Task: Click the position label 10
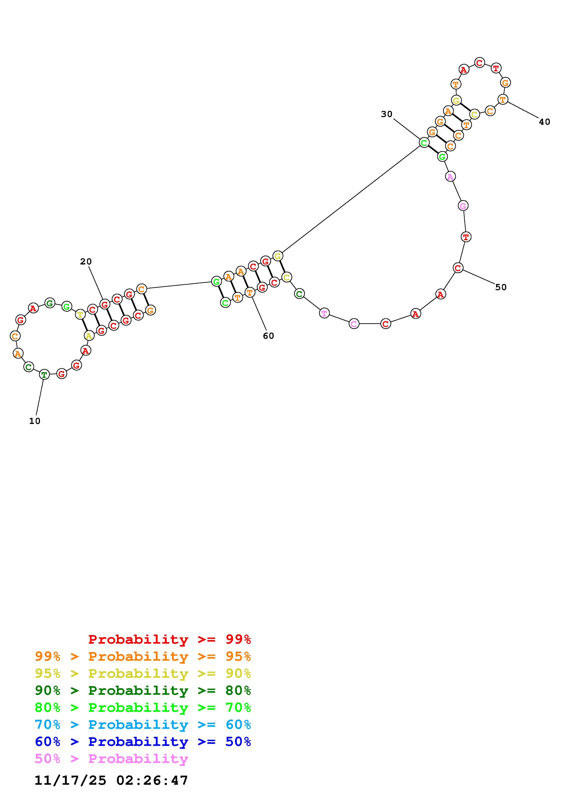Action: pos(35,421)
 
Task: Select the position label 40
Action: pos(545,122)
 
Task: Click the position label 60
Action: pos(268,336)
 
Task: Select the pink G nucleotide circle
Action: pos(463,206)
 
